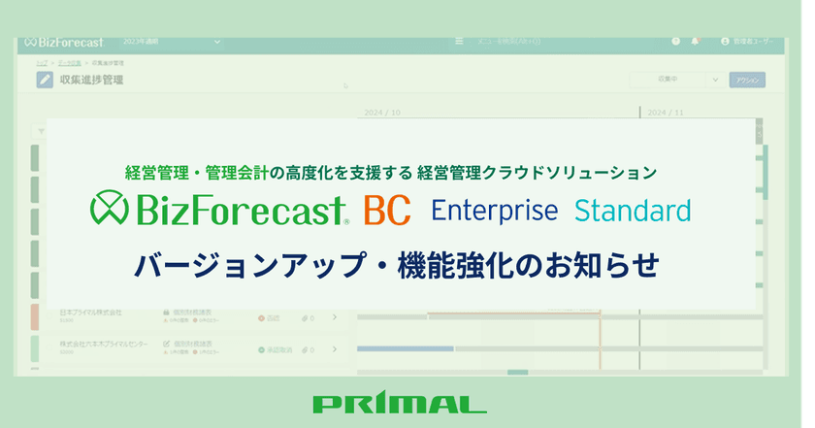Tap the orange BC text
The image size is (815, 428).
click(x=386, y=210)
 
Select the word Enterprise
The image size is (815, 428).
click(x=494, y=210)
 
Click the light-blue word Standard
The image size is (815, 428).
click(x=632, y=210)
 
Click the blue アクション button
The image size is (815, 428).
click(x=747, y=81)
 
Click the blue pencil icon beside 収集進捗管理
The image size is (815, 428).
click(x=45, y=81)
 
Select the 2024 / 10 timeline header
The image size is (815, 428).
click(x=381, y=112)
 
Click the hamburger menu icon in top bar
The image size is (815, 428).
click(x=459, y=43)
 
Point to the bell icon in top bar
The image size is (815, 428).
click(x=695, y=43)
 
